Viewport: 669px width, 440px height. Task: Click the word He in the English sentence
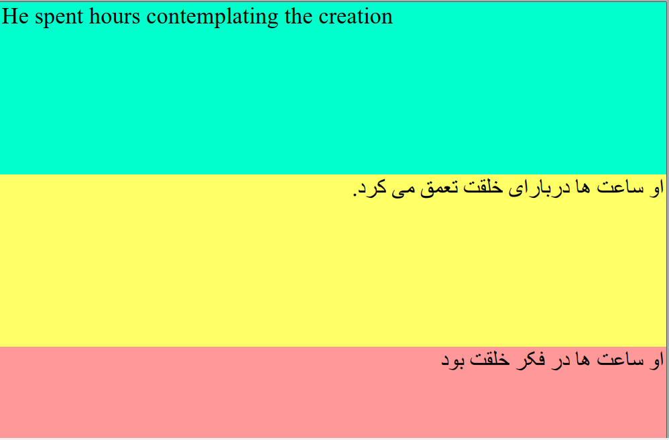[x=15, y=17]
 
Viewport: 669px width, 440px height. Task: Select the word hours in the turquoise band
[x=115, y=17]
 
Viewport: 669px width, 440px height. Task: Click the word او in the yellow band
[x=657, y=187]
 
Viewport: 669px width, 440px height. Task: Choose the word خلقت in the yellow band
[x=481, y=187]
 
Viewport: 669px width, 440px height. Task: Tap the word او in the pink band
[x=657, y=360]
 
